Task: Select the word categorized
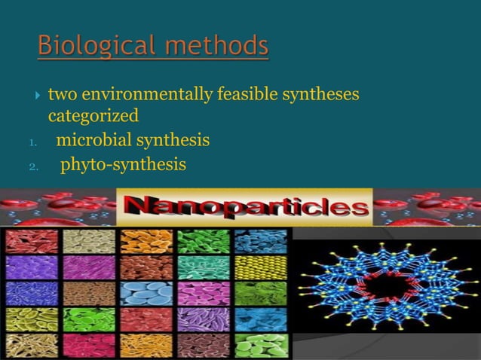coord(93,117)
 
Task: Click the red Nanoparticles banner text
coord(245,206)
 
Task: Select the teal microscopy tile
coord(204,267)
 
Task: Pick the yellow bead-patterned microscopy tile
coord(261,267)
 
